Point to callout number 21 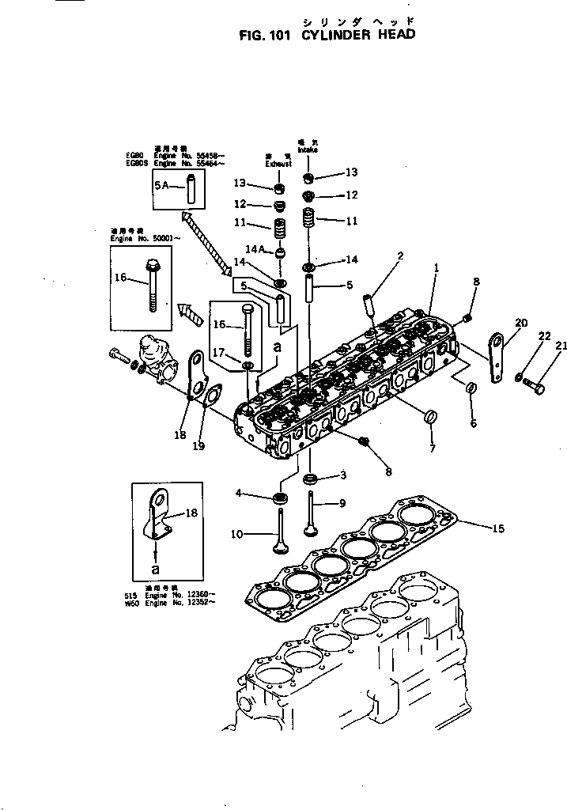(x=561, y=345)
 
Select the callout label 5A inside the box (x=162, y=185)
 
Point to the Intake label (x=308, y=148)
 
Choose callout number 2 (x=400, y=256)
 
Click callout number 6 (x=473, y=423)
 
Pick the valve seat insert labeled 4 (x=279, y=499)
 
